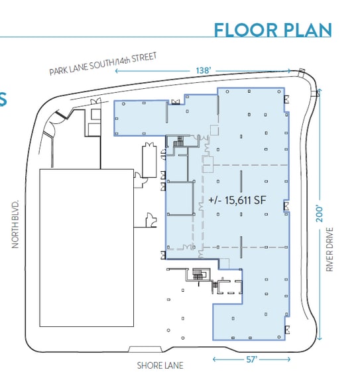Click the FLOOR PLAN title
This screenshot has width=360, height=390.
(x=272, y=30)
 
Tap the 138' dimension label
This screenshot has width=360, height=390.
(x=204, y=70)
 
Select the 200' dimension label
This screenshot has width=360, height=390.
(x=320, y=214)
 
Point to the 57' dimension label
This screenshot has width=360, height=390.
(x=252, y=359)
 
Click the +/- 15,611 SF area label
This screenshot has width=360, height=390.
(x=237, y=200)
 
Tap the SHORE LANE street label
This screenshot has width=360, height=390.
(x=160, y=365)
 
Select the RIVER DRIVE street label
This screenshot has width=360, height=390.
(x=330, y=249)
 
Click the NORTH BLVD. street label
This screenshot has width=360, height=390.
(x=15, y=224)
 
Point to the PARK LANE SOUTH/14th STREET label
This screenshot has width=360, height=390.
(x=103, y=64)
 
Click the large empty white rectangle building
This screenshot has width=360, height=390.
(x=87, y=248)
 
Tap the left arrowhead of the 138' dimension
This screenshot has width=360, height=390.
(x=116, y=71)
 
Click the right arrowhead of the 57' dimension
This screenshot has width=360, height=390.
(x=288, y=359)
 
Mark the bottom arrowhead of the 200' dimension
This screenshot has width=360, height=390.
(x=320, y=338)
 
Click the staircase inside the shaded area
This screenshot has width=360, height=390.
(x=178, y=142)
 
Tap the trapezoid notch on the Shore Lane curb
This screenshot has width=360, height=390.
(x=145, y=349)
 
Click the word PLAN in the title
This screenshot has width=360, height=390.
(x=308, y=30)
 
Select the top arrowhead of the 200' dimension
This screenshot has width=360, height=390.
(x=320, y=90)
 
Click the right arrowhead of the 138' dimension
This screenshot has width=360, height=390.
(x=288, y=71)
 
